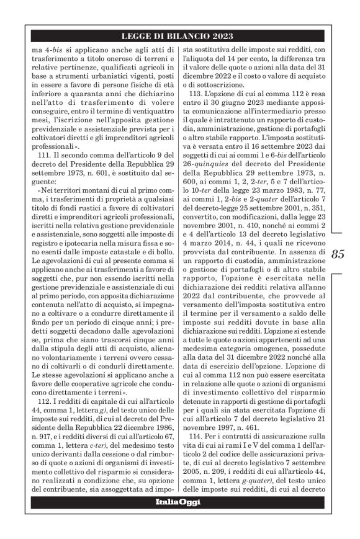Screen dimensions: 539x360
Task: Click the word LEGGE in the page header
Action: (x=136, y=34)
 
